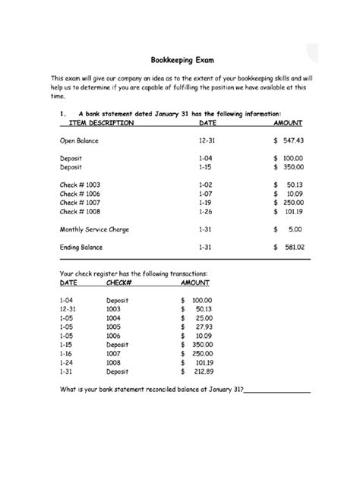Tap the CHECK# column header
119,282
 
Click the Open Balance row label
78,141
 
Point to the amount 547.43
291,141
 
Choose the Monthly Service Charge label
93,229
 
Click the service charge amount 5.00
295,229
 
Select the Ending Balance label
82,247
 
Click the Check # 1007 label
80,202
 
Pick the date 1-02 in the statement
206,185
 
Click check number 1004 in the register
113,318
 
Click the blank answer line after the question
277,391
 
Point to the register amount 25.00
202,318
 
